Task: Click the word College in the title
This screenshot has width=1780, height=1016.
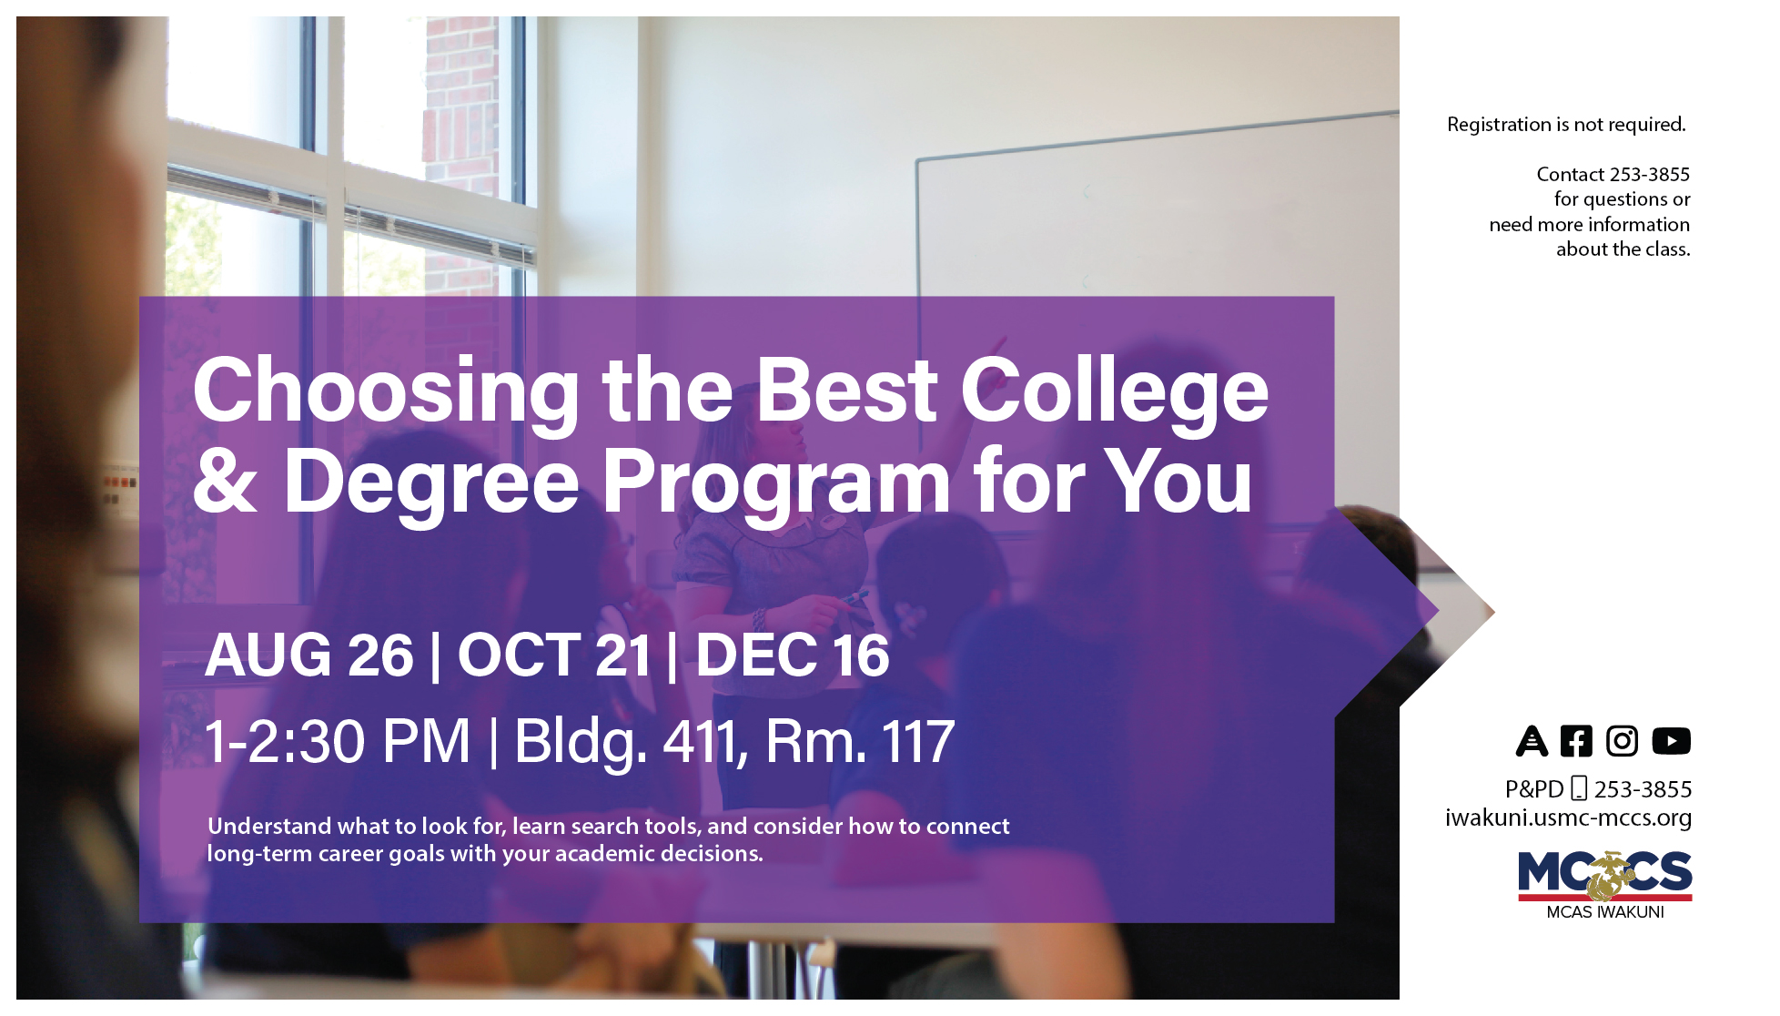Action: pos(1114,391)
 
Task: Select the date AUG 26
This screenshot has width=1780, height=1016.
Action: pos(309,655)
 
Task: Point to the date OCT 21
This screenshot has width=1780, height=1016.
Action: pos(554,655)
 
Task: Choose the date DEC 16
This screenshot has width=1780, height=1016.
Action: pos(792,655)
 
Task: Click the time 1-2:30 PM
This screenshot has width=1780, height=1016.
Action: pos(338,741)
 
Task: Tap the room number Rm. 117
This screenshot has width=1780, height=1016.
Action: pos(860,741)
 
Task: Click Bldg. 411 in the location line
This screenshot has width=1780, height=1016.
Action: pos(628,741)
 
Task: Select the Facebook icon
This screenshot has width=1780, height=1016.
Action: pos(1576,741)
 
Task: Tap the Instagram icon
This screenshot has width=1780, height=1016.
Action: pos(1622,741)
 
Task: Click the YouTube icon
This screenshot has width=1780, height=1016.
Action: pos(1671,741)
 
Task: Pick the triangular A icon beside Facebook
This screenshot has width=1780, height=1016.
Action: pos(1532,741)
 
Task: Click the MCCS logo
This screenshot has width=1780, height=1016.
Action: pos(1604,876)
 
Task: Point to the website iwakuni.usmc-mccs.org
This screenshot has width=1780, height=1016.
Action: pos(1568,818)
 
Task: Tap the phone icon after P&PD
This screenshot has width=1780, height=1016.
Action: pos(1579,788)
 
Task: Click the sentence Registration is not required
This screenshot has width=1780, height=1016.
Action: pos(1566,125)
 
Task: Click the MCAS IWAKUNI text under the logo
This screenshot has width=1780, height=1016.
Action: pos(1604,912)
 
